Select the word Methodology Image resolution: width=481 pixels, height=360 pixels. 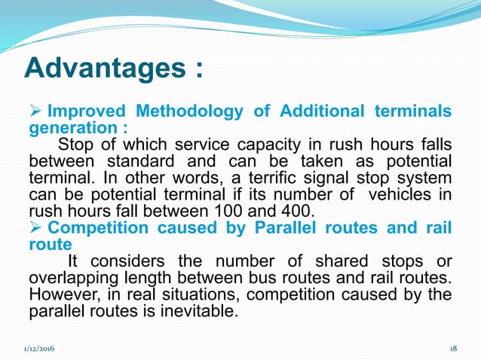point(194,112)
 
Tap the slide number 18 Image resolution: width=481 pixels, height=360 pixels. point(453,349)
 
